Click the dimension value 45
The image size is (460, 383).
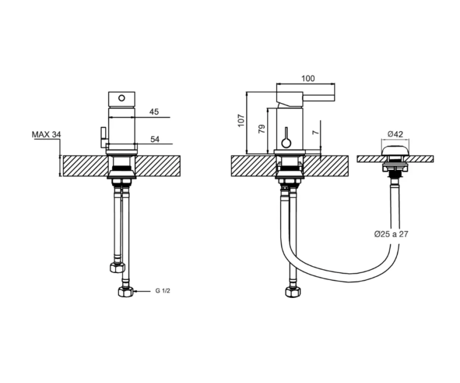[154, 112]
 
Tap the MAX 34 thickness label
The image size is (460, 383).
[47, 135]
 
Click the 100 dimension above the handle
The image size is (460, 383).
[308, 79]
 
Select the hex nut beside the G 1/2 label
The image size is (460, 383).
[125, 292]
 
